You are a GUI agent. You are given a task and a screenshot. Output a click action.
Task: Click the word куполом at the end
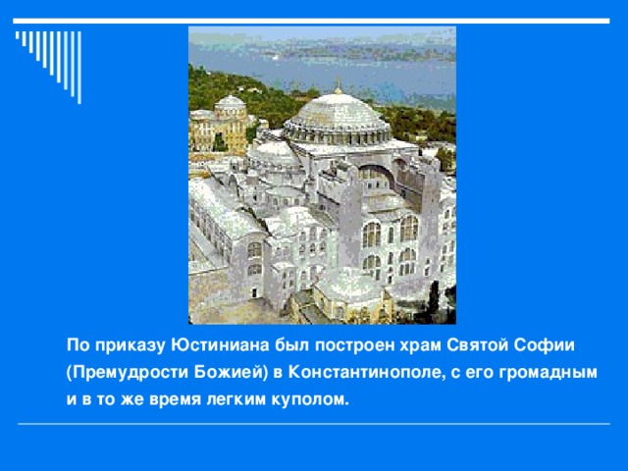[311, 400]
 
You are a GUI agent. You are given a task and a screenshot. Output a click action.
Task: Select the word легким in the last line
[235, 400]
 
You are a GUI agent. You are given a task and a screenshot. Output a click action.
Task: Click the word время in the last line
[176, 400]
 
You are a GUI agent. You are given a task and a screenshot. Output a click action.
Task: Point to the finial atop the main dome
[338, 85]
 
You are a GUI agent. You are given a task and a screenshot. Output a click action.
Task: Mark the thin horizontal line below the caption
[314, 425]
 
